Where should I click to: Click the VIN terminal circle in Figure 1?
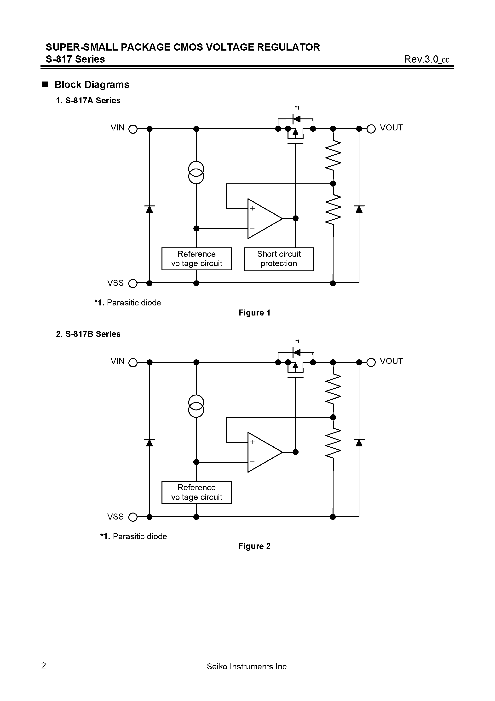coord(133,129)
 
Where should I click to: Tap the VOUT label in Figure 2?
coord(391,361)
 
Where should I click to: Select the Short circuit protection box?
coord(279,259)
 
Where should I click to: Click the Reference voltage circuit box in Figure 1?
coord(196,259)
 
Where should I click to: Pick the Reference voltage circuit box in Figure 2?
coord(196,492)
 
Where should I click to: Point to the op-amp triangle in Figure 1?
coord(262,219)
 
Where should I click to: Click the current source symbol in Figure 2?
coord(196,406)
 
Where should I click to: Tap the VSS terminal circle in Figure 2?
coord(133,517)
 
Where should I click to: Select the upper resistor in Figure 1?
coord(333,156)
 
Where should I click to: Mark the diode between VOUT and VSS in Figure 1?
coord(359,209)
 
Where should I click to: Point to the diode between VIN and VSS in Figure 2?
coord(149,443)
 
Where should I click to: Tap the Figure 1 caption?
coord(254,313)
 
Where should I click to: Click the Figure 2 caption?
coord(254,546)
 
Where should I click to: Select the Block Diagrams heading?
coord(92,85)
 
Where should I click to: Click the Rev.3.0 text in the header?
coord(426,59)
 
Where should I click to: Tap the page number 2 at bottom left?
coord(44,666)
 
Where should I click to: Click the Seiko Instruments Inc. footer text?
coord(247,666)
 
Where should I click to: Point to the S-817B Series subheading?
coord(88,334)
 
